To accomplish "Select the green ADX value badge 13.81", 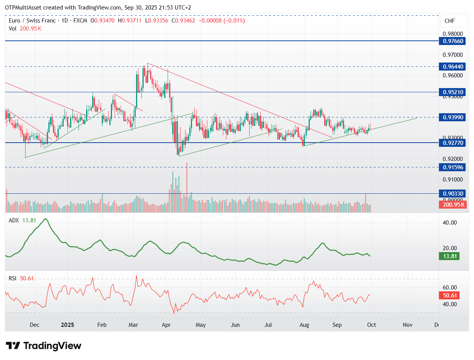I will click(451, 256).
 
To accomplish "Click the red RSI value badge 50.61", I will click(451, 296).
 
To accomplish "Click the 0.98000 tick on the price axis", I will click(452, 34).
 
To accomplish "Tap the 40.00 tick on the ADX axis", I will click(451, 222).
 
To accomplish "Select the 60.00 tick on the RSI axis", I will click(451, 288).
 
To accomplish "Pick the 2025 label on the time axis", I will click(67, 325).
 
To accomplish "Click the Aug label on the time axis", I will click(304, 325).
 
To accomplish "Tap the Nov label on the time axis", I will click(408, 325).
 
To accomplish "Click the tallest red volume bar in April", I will click(187, 187).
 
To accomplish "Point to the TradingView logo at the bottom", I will click(44, 346).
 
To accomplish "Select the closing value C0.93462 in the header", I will click(184, 21).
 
